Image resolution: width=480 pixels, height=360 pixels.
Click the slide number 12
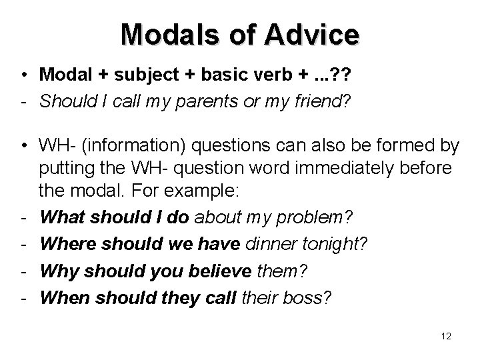[446, 336]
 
